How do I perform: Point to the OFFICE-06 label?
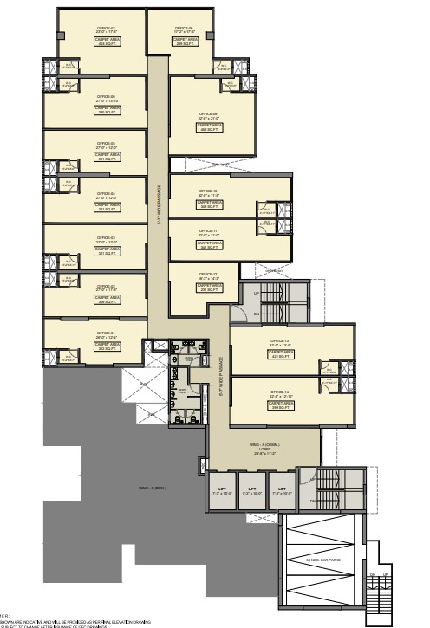pos(107,97)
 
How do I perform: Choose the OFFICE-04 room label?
pos(107,194)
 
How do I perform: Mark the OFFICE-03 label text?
pos(107,238)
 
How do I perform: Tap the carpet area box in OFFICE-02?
pos(107,300)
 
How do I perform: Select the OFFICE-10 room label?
pos(208,191)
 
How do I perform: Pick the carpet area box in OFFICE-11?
pos(209,245)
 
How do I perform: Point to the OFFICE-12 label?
pos(208,275)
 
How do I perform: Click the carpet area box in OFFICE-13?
pos(281,353)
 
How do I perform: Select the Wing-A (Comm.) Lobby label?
pos(264,449)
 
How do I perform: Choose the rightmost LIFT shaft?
pos(282,491)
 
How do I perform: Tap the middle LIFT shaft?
pos(251,491)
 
